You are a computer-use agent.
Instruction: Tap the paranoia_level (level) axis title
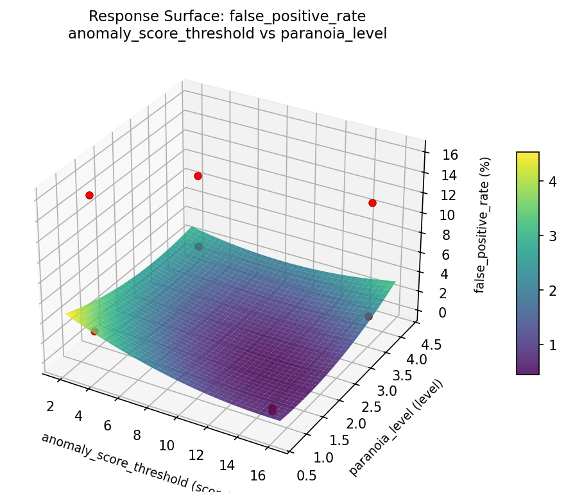(x=396, y=428)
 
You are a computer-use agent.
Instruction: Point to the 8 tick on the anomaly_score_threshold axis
(x=137, y=436)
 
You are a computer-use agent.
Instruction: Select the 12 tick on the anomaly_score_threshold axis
(x=196, y=455)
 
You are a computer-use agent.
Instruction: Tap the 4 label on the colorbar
(x=550, y=182)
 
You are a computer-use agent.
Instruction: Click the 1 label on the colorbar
(x=550, y=346)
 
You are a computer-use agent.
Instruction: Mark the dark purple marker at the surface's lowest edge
(x=272, y=409)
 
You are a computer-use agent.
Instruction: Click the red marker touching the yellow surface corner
(x=94, y=331)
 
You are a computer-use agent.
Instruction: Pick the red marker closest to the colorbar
(x=372, y=203)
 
